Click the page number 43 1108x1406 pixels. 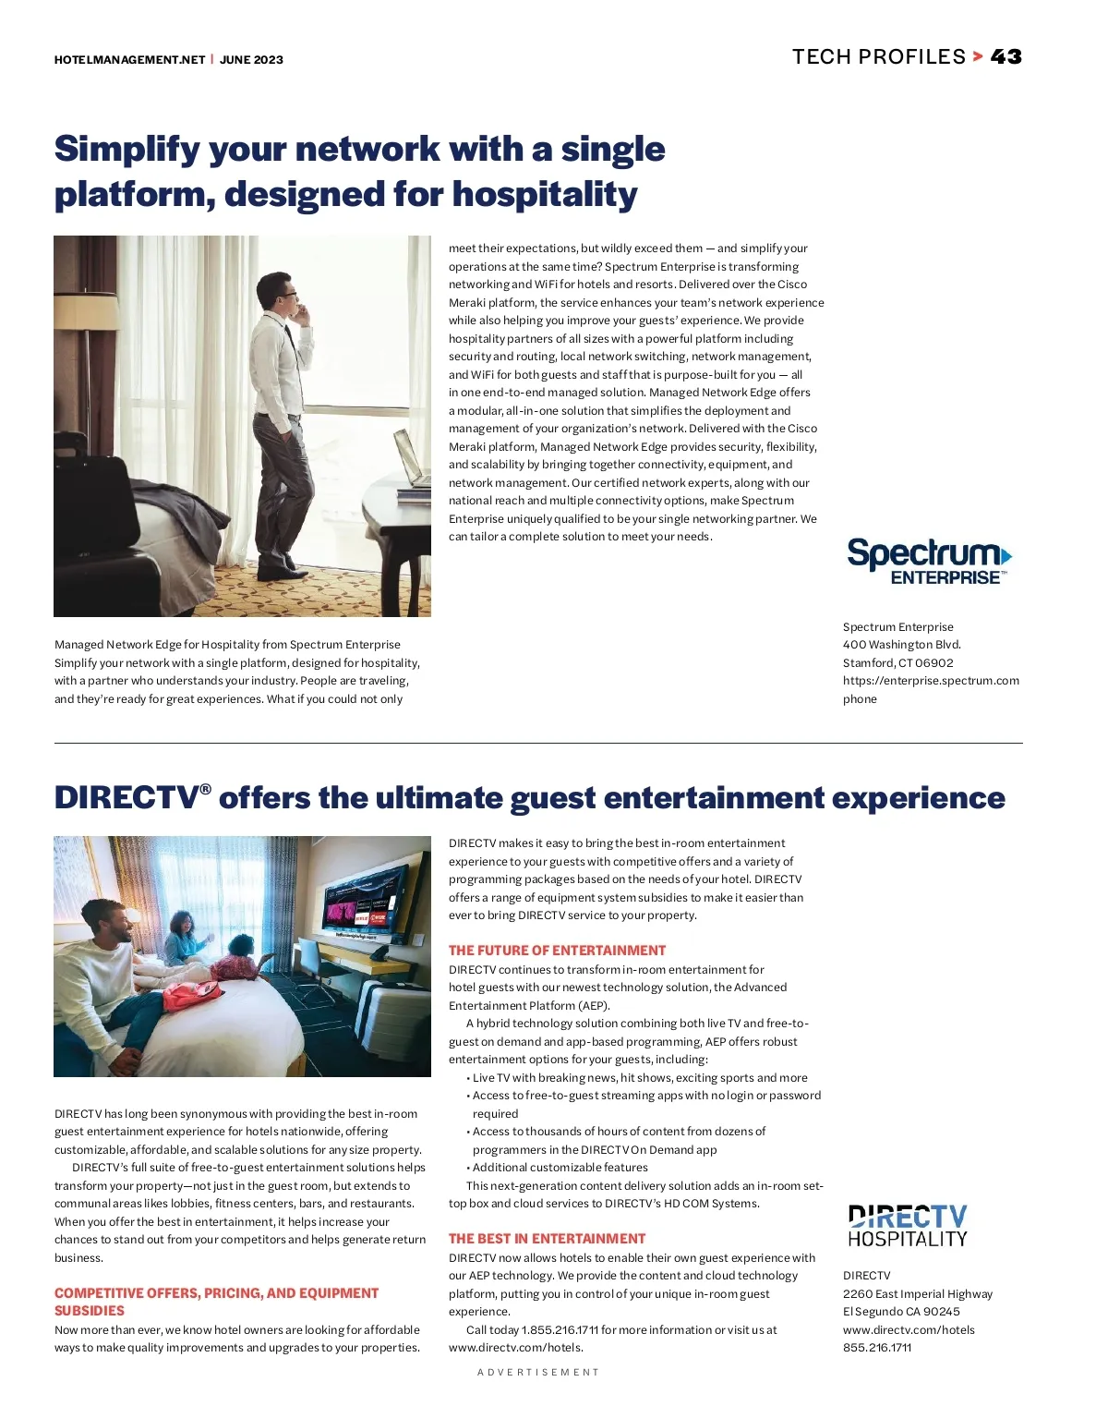click(1006, 57)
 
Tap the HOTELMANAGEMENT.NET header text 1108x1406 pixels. click(129, 60)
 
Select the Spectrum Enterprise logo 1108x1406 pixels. click(929, 561)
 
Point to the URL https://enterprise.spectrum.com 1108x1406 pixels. click(931, 681)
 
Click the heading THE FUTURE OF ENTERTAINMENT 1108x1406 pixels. click(557, 951)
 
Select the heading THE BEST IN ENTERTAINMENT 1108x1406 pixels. click(547, 1239)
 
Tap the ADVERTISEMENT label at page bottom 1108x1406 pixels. click(538, 1373)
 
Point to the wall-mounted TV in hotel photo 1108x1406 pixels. click(364, 897)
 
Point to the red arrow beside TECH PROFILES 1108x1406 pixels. click(978, 57)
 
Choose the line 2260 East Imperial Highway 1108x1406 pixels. click(917, 1294)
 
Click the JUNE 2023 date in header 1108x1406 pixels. click(251, 60)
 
